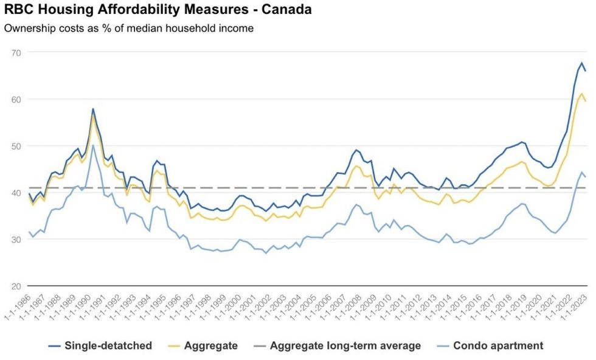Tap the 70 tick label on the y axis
tap(16, 52)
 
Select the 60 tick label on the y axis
tap(16, 99)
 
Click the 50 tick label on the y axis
tap(16, 146)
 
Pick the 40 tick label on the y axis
tap(16, 193)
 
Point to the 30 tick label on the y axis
tap(16, 240)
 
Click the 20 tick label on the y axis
tap(16, 286)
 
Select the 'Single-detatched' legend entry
tap(100, 345)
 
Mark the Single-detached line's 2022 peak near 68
tap(581, 63)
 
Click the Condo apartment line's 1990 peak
tap(93, 145)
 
